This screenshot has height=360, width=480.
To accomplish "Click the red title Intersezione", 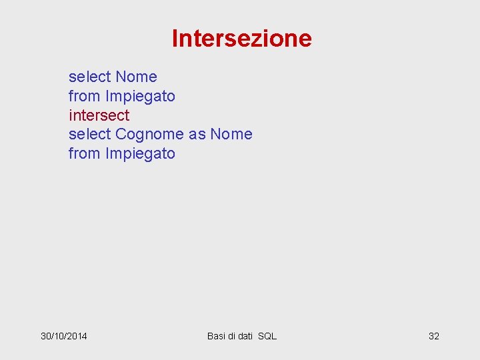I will pos(241,39).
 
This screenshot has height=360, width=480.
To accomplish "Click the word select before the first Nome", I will pos(90,77).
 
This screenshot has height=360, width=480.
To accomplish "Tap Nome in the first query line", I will pos(136,77).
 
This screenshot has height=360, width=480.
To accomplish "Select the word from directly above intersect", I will pos(85,96).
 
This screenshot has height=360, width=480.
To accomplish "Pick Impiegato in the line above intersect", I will pos(140,96).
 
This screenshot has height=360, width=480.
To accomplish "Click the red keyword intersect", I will pos(99,115).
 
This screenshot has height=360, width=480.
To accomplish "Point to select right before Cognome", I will pos(90,134).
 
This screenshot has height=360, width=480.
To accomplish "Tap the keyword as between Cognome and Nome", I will pos(197,135).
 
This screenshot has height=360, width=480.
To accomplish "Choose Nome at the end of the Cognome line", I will pos(231,134).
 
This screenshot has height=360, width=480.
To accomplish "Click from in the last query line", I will pos(85,153).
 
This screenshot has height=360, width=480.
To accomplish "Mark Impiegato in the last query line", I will pos(140,153).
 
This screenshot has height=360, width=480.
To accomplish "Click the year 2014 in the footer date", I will pos(76,336).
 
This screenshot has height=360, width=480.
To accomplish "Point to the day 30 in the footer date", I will pos(46,336).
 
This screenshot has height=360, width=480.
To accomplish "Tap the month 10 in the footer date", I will pos(59,336).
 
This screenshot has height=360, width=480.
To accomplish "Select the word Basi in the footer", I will pos(216,336).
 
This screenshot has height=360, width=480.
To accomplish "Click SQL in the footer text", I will pos(267,336).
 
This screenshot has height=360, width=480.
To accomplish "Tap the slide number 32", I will pos(433,336).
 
